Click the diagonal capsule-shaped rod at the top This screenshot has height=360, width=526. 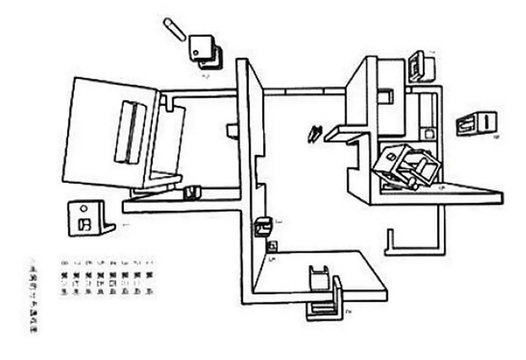point(174,29)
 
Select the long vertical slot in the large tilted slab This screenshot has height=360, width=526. point(128,132)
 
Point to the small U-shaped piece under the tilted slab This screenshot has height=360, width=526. point(191,192)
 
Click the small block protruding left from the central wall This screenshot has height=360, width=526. point(232,130)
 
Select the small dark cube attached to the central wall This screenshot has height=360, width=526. point(262,226)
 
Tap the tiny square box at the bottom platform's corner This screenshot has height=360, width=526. point(272,246)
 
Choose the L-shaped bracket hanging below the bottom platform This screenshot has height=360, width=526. point(326,305)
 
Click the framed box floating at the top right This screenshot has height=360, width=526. point(418,66)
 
